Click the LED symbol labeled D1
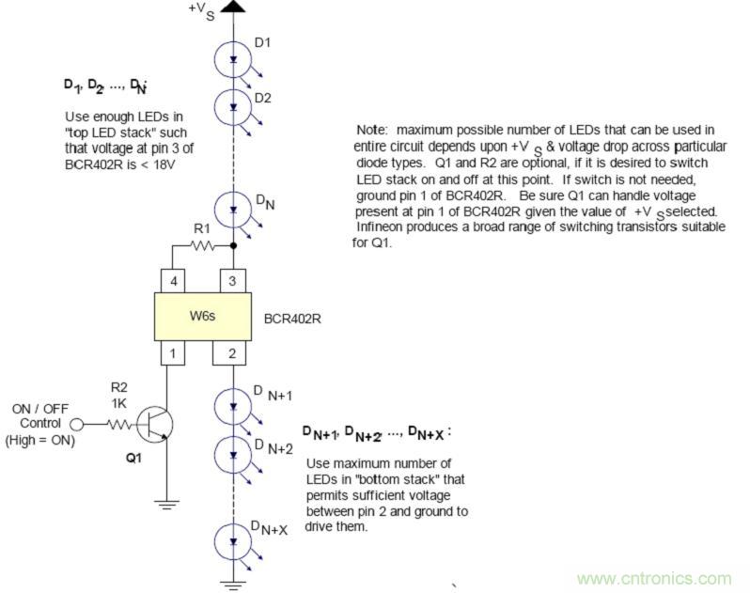tap(232, 60)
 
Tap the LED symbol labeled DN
tap(232, 207)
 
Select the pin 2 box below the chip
tap(232, 353)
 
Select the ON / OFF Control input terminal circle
tap(76, 425)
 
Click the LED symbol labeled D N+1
tap(232, 406)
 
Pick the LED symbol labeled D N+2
tap(232, 454)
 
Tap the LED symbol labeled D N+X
tap(232, 539)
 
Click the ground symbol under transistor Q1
tap(167, 505)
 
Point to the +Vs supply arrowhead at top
tap(232, 8)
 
